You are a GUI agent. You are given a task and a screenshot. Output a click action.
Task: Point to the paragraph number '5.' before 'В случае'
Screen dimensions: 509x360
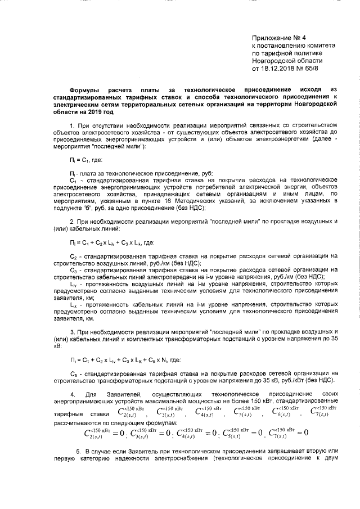pyautogui.click(x=78, y=452)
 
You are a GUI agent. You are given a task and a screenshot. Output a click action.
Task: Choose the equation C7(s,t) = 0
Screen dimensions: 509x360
pyautogui.click(x=287, y=433)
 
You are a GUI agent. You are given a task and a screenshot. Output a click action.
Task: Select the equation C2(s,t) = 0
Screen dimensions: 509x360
pyautogui.click(x=103, y=433)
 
